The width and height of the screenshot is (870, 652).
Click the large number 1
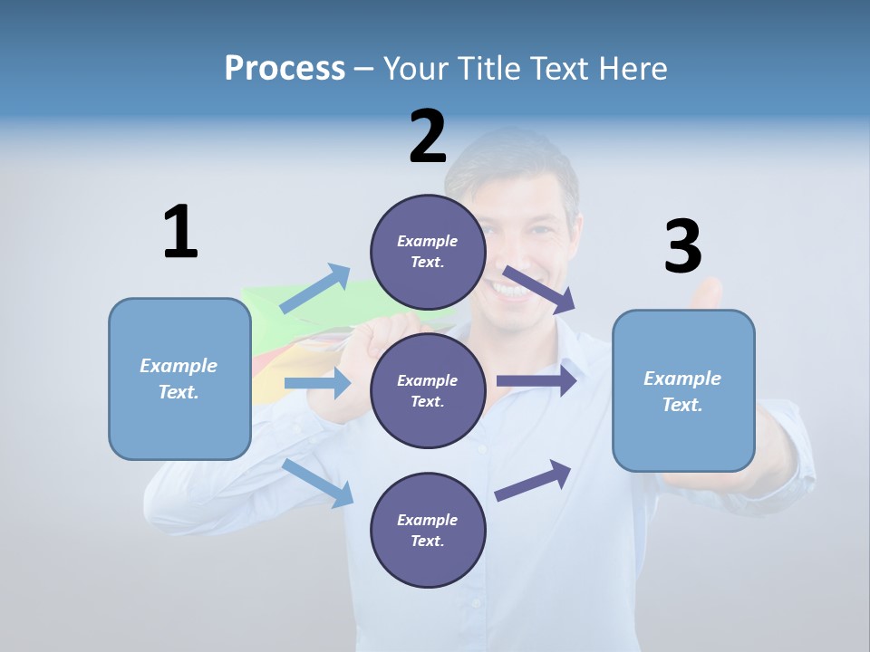coord(180,233)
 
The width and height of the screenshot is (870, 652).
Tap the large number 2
coord(428,137)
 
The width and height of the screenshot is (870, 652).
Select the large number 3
coord(682,246)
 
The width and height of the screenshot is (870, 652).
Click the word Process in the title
coord(285,68)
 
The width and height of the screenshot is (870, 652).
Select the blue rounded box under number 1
coord(179,379)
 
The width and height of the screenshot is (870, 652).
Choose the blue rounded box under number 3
coord(683,390)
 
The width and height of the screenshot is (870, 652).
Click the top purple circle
coord(427,252)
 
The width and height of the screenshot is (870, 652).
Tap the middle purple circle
coord(427,390)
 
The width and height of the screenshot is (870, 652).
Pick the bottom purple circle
coord(427,530)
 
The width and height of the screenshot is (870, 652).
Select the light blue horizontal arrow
coord(317,383)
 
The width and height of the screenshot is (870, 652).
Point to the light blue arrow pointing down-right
coord(318,482)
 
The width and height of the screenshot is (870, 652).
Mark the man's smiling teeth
coord(509,292)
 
